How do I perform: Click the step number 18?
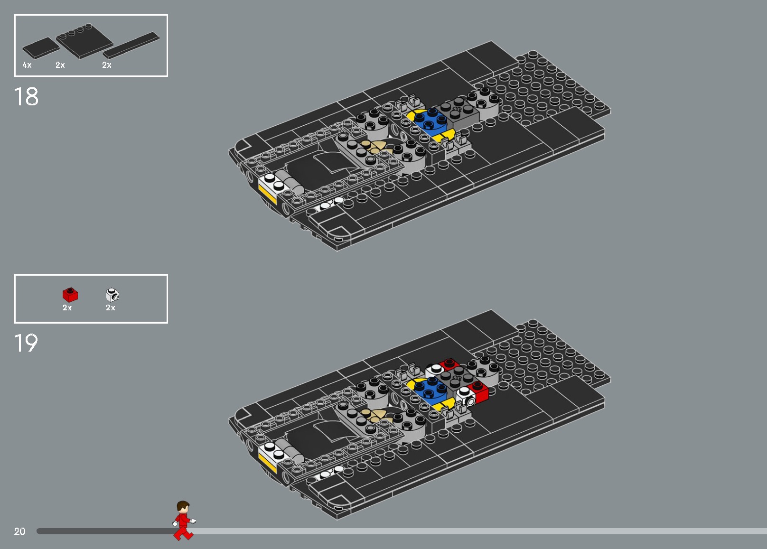pyautogui.click(x=26, y=97)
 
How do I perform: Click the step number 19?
pyautogui.click(x=26, y=343)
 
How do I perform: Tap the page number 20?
pyautogui.click(x=19, y=531)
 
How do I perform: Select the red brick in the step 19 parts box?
pyautogui.click(x=70, y=295)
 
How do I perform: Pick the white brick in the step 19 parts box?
pyautogui.click(x=112, y=295)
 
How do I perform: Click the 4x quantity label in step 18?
pyautogui.click(x=27, y=65)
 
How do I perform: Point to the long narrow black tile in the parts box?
pyautogui.click(x=131, y=45)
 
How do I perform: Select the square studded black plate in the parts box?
pyautogui.click(x=84, y=44)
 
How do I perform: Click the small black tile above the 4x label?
pyautogui.click(x=41, y=47)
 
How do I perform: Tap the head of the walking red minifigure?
pyautogui.click(x=183, y=506)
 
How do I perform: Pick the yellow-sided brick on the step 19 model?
pyautogui.click(x=268, y=456)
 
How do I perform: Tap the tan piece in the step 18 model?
pyautogui.click(x=374, y=147)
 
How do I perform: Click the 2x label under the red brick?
pyautogui.click(x=67, y=308)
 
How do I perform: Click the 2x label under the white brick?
pyautogui.click(x=111, y=308)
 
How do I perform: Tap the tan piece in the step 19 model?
pyautogui.click(x=374, y=416)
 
